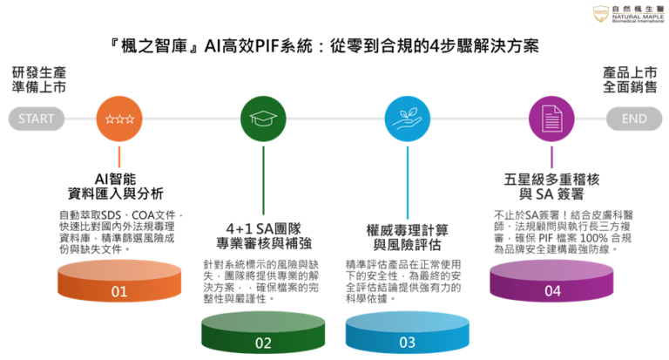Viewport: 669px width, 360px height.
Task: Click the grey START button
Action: [37, 119]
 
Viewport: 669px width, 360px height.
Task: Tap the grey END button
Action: [634, 119]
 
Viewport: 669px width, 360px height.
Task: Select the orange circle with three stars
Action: [119, 119]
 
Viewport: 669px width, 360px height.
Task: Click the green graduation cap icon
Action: [263, 119]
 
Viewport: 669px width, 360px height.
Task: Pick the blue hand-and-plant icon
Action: [407, 119]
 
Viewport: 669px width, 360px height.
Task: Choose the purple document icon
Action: [551, 119]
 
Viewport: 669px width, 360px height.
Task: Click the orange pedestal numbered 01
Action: [119, 281]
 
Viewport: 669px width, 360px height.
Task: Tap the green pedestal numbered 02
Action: [263, 333]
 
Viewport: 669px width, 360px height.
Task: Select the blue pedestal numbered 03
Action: [408, 332]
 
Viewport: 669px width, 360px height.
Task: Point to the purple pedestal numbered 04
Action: [551, 281]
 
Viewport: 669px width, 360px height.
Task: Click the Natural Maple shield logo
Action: [601, 13]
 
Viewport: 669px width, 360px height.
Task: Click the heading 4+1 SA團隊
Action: [263, 229]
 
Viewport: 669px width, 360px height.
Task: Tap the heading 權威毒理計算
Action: [408, 231]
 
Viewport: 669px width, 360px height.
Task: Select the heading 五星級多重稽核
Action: [551, 180]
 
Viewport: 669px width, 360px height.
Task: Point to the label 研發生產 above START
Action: [39, 72]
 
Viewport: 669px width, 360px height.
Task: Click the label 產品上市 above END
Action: [630, 72]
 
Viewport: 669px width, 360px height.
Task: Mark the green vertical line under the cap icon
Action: [263, 180]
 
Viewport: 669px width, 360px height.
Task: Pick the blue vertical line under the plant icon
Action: [408, 182]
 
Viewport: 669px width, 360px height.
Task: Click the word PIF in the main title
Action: [267, 46]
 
